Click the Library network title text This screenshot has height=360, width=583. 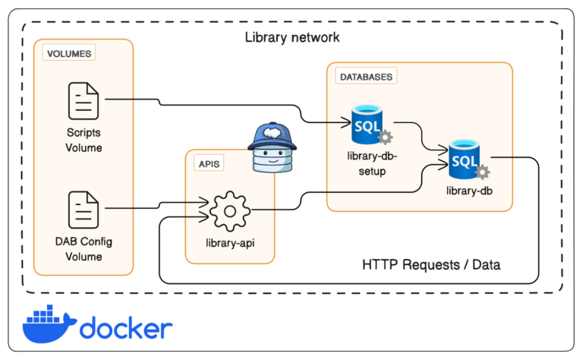292,37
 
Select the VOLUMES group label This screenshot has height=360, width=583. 69,54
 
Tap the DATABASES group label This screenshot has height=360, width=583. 366,77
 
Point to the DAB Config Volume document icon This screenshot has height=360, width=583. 84,210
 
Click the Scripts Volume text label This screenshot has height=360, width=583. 84,140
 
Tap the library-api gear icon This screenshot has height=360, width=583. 229,211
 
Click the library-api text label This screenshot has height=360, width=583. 229,243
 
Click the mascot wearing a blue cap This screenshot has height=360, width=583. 273,149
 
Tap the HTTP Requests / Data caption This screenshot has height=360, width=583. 431,264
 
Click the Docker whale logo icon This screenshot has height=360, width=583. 48,324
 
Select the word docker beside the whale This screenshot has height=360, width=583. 125,328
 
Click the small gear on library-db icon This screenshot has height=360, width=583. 481,172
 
